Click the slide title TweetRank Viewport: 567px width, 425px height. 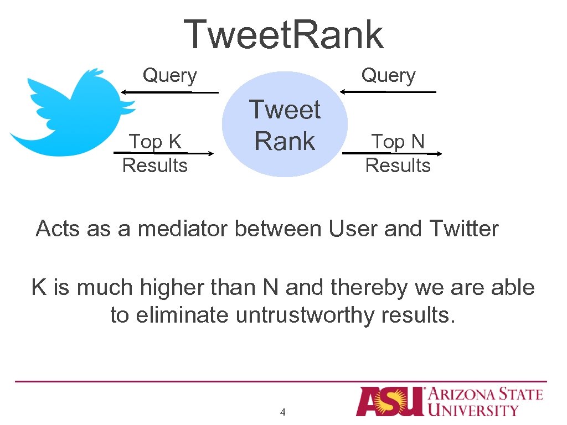coord(283,34)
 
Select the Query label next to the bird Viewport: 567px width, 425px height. coord(169,75)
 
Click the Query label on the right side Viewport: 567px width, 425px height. coord(388,75)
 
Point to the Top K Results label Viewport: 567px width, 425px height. coord(155,153)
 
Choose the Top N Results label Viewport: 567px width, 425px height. coord(398,153)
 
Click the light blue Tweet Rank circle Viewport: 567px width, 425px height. coord(285,125)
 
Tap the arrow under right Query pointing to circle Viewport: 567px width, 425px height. coord(388,91)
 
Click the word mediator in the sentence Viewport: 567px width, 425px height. coord(182,229)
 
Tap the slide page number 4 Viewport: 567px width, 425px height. coord(283,412)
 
